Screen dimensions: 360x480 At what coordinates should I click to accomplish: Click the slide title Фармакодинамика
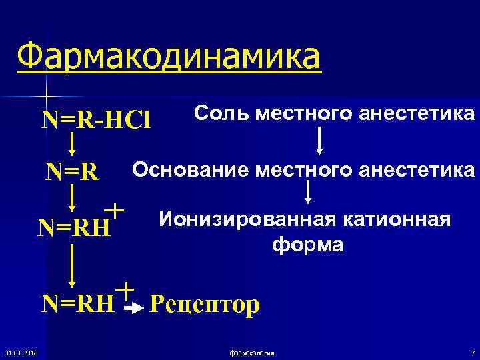point(169,58)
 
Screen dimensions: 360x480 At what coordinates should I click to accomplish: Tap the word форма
point(307,245)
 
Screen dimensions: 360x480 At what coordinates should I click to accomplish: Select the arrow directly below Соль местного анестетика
point(319,139)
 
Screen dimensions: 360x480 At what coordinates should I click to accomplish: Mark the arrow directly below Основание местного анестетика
point(308,192)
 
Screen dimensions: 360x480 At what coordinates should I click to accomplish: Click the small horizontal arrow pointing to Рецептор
point(135,309)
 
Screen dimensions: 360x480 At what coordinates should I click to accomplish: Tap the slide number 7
point(472,351)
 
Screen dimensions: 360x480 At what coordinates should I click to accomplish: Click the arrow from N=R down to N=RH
point(72,198)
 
